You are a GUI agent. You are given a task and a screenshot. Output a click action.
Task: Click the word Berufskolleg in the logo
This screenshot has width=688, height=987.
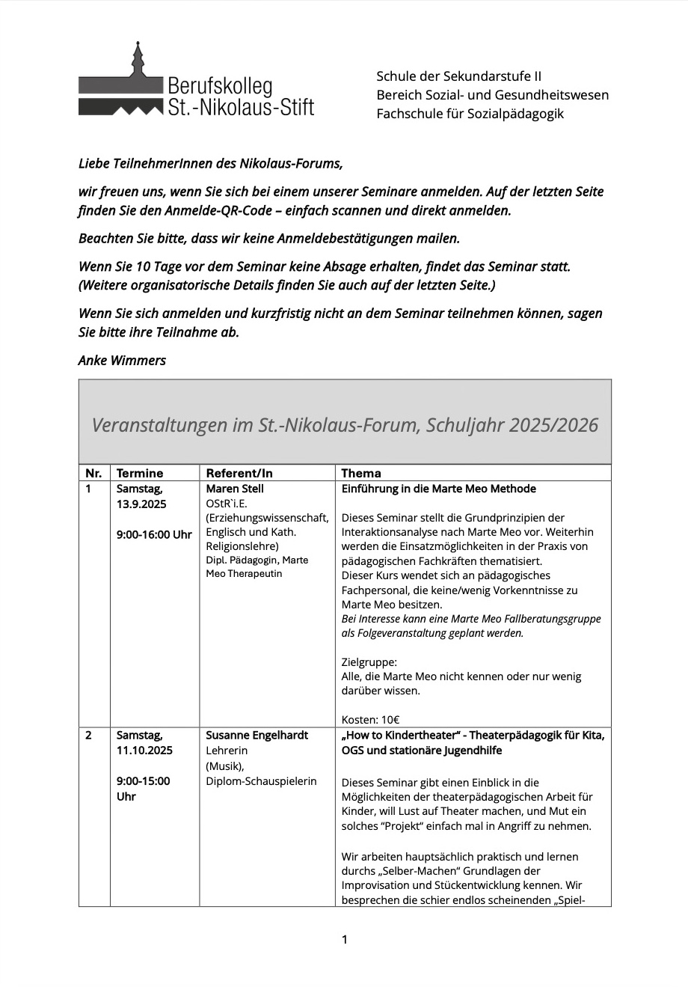219,86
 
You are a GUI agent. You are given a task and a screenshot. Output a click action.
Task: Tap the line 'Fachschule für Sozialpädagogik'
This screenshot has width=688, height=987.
470,114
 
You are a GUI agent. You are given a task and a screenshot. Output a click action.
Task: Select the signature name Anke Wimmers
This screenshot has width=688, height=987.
122,360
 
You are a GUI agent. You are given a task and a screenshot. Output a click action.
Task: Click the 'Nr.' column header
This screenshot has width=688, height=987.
93,473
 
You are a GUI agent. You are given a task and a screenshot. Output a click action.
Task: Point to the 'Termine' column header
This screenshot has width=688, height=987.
140,473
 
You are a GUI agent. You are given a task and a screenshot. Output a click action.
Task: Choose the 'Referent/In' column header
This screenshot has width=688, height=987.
239,473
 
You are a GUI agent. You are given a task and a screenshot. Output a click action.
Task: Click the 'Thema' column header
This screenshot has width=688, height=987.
361,473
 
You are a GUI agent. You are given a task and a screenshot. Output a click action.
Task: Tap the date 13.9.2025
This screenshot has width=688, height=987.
141,504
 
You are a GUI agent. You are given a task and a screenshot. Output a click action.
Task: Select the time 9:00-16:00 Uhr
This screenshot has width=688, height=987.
154,534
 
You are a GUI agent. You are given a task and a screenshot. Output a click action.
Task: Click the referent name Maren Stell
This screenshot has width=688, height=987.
235,489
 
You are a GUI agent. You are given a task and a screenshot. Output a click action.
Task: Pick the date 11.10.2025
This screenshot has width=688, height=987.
144,750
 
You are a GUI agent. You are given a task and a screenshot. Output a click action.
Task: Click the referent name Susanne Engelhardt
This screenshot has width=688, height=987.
257,735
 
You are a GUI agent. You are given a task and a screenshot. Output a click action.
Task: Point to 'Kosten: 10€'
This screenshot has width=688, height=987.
370,720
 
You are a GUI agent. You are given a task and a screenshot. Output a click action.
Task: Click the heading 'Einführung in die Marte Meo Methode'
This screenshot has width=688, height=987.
438,489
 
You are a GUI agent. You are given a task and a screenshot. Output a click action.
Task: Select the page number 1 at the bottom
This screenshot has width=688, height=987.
344,939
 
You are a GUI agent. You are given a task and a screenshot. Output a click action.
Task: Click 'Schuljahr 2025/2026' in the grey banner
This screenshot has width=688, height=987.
512,425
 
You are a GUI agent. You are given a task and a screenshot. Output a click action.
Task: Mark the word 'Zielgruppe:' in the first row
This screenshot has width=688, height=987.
369,661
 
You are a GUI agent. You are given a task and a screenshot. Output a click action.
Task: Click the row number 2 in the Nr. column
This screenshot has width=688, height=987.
89,735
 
